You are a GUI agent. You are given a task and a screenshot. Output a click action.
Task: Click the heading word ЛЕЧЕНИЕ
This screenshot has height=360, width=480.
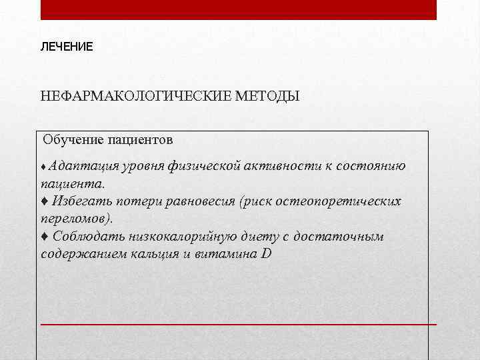point(67,47)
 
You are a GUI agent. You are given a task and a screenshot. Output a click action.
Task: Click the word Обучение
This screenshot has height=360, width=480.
point(73,140)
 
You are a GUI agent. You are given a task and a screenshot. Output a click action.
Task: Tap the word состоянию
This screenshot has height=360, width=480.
point(371,165)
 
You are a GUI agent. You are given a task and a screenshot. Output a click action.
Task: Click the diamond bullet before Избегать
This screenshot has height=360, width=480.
point(44,201)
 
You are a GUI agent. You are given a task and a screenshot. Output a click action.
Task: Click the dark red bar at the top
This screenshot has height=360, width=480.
point(239,9)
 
